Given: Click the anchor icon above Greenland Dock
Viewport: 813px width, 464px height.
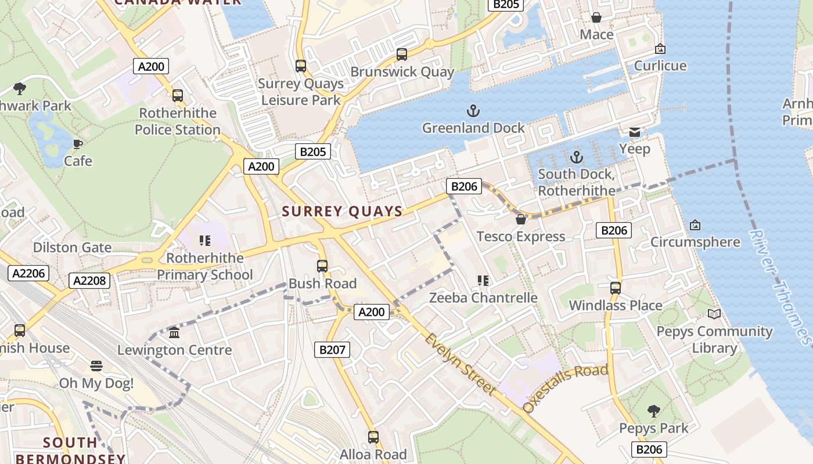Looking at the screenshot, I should (473, 110).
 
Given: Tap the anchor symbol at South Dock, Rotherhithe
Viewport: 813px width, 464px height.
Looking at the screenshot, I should (576, 157).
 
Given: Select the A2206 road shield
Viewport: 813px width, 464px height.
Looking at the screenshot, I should (28, 273).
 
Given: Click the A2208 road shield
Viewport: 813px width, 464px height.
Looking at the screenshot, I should (89, 281).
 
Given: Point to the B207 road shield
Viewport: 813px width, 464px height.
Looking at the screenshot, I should (332, 349).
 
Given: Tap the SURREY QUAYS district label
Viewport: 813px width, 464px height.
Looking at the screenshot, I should (343, 212).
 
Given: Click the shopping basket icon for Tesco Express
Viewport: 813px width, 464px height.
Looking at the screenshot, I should (521, 219).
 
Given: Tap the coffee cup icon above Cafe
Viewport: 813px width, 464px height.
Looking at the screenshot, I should (78, 144).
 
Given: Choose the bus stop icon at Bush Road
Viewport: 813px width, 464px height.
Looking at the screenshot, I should (322, 266).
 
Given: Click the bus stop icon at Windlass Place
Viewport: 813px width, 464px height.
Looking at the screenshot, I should (616, 288).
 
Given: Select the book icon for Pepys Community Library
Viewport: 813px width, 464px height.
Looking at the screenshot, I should (714, 314).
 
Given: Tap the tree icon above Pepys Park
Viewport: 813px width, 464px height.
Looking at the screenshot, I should (653, 411).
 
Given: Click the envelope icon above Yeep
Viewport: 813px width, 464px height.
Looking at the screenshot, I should (635, 132).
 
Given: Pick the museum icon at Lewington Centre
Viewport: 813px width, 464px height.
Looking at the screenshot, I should (174, 333).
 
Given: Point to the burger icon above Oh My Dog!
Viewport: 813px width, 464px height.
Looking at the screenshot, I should (96, 366).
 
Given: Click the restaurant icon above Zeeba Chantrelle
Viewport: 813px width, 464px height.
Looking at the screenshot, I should (483, 281).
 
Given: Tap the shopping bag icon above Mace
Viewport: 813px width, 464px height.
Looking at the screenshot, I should (596, 17).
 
